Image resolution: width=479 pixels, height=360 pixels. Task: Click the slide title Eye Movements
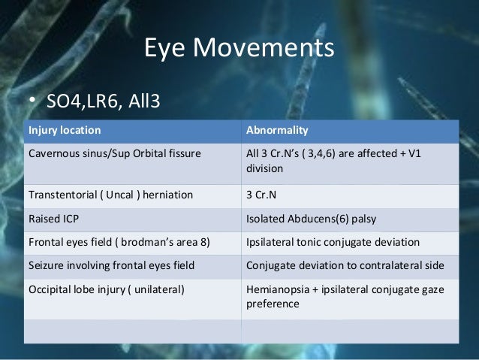(x=238, y=50)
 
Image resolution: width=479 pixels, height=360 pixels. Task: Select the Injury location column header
(x=65, y=130)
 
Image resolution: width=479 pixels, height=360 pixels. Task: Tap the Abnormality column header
(x=277, y=130)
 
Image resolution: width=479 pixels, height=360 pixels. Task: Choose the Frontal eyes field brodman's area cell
(x=119, y=244)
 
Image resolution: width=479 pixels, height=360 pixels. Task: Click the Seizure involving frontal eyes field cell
(x=111, y=265)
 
